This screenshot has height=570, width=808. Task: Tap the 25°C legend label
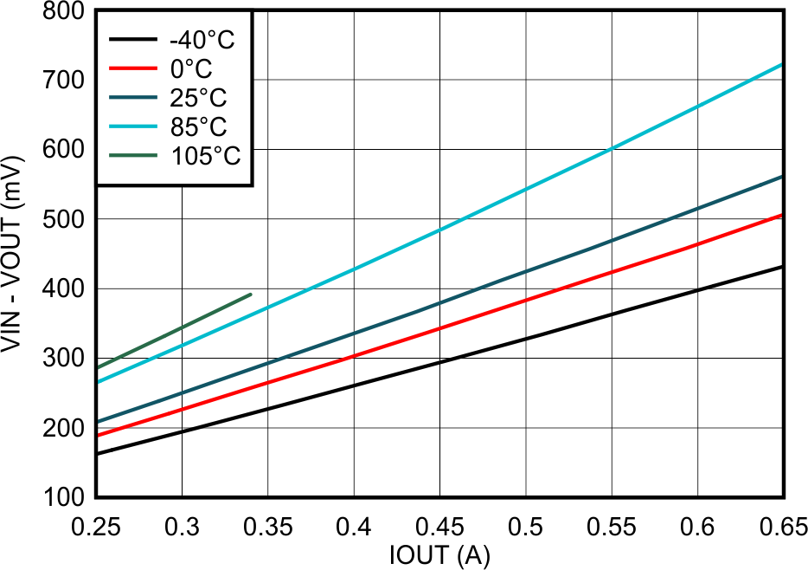(x=198, y=98)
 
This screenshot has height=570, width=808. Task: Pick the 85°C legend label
(x=198, y=126)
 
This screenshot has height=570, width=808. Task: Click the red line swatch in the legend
(x=133, y=68)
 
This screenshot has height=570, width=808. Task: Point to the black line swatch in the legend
(x=133, y=40)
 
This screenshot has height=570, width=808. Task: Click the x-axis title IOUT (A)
(x=440, y=555)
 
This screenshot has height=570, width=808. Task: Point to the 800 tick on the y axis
(x=64, y=12)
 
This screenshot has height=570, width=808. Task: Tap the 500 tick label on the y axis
(x=64, y=220)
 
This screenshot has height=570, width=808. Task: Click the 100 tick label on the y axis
(x=64, y=498)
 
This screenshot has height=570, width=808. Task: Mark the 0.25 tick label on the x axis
(x=96, y=527)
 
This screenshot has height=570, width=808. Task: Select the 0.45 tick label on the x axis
(x=440, y=527)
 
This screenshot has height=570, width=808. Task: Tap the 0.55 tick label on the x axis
(x=612, y=527)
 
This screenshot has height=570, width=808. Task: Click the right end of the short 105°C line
(x=251, y=294)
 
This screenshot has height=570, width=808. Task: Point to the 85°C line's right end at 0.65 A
(x=783, y=65)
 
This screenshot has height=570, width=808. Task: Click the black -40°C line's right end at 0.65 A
(x=783, y=266)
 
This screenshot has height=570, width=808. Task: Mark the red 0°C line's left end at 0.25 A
(x=97, y=435)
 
